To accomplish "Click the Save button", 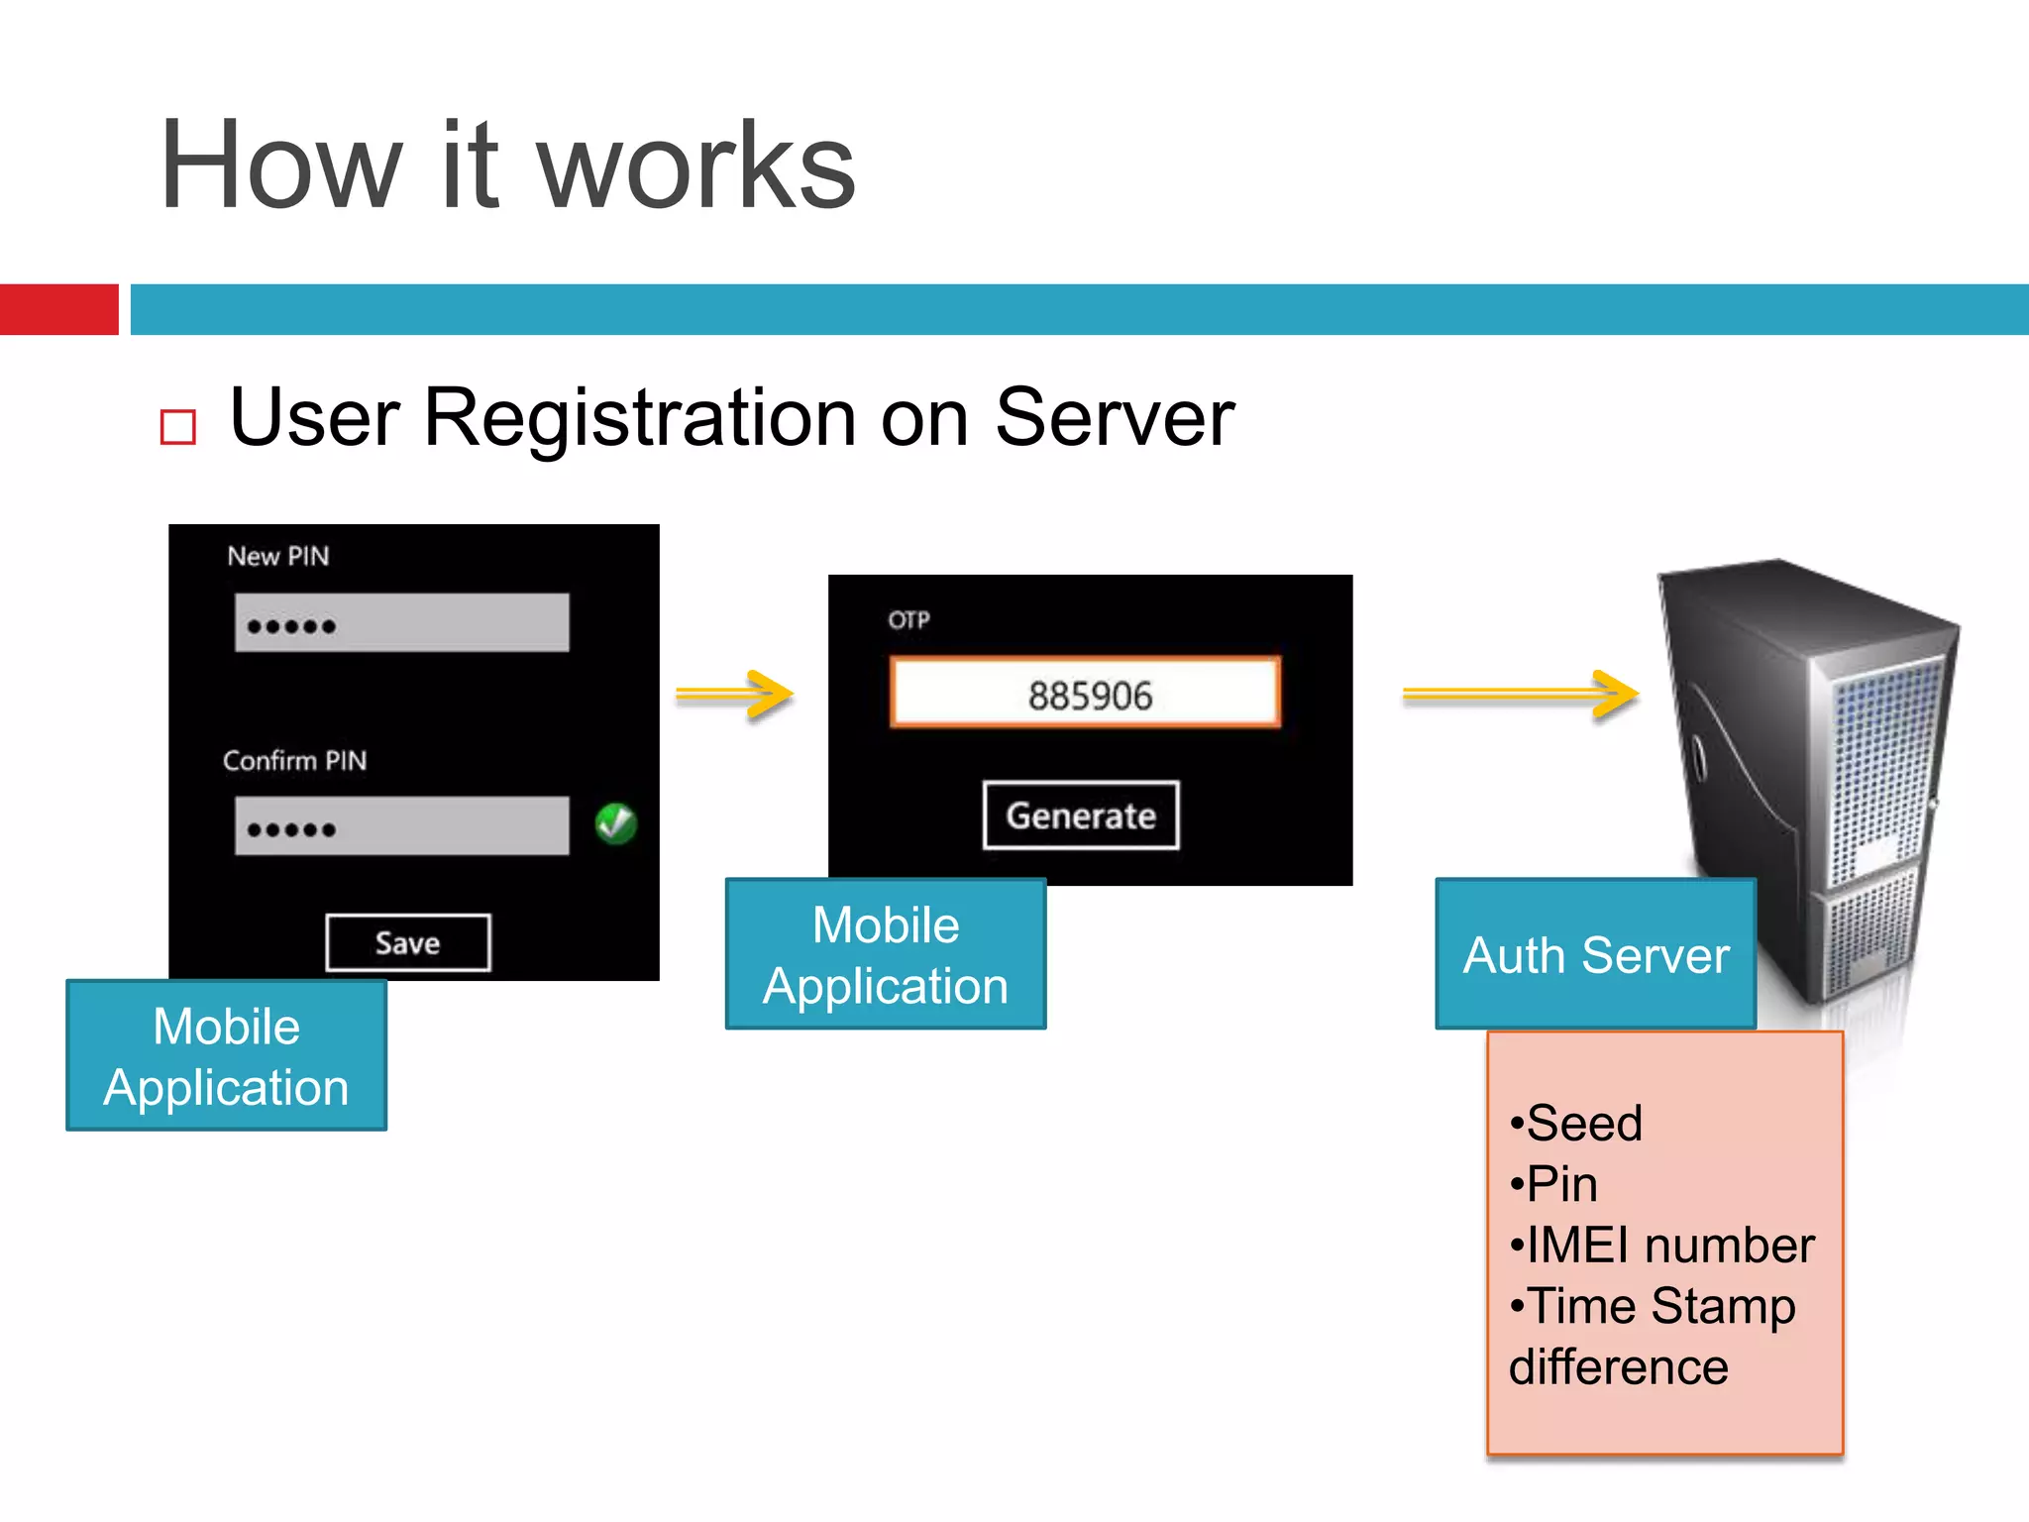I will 407,942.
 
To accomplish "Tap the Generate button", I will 1081,815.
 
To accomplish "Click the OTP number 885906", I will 1089,696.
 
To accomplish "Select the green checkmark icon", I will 615,823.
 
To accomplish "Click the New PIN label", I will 277,556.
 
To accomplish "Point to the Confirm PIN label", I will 294,760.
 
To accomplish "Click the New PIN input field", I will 401,623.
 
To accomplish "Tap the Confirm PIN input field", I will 401,825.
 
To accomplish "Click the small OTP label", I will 908,620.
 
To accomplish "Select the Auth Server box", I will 1595,954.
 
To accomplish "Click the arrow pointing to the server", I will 1520,695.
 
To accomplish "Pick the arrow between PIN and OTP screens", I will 734,695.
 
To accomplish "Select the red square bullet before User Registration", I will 178,427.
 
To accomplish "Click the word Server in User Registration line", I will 1114,418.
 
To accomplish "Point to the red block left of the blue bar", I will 58,309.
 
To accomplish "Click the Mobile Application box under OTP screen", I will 885,954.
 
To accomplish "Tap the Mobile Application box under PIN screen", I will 226,1055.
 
